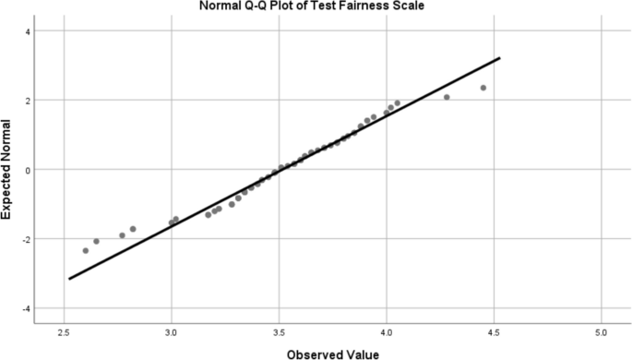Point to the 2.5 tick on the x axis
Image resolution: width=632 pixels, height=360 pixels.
click(x=64, y=330)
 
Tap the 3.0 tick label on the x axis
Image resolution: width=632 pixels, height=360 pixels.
click(x=172, y=330)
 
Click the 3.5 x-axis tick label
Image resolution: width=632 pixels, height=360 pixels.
click(x=279, y=330)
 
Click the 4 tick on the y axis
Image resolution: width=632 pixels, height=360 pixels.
click(x=28, y=31)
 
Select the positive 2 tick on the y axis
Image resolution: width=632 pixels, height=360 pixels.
click(x=28, y=101)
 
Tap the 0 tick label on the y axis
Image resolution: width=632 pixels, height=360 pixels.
click(x=28, y=170)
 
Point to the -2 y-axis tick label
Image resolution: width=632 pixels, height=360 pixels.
click(x=26, y=239)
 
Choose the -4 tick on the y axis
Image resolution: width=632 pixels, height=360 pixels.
click(x=26, y=308)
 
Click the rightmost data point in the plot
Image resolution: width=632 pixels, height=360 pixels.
click(x=483, y=88)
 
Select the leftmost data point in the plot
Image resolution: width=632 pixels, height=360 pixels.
click(x=86, y=250)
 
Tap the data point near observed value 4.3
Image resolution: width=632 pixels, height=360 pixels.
click(x=447, y=97)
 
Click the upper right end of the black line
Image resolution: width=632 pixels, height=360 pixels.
click(x=499, y=58)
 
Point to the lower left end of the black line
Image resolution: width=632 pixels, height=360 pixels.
click(x=69, y=278)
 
